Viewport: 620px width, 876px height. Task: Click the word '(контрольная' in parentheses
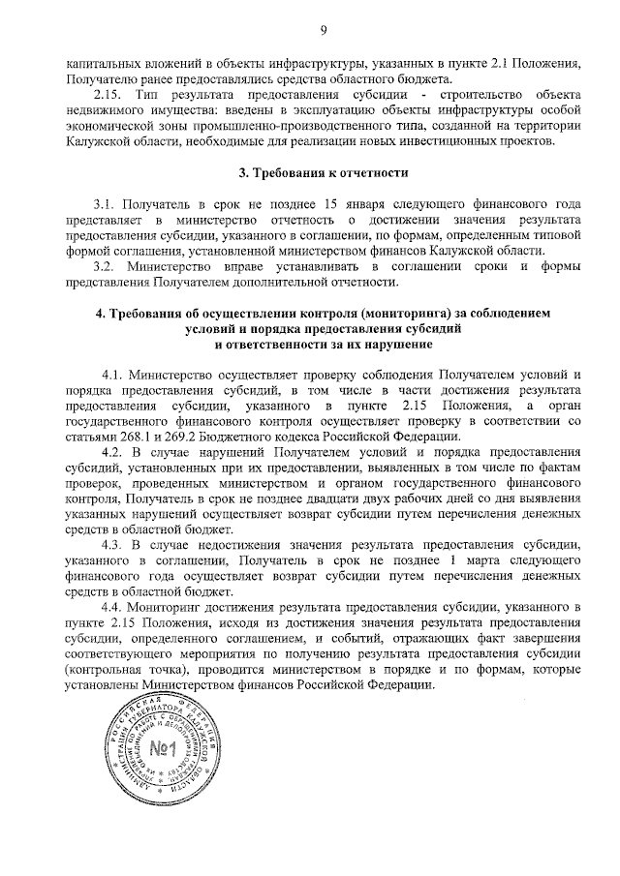[104, 669]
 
